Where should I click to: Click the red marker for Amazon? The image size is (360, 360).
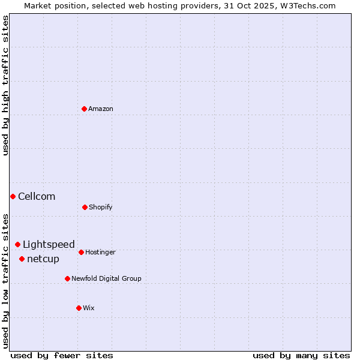point(84,109)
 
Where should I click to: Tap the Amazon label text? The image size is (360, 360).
point(101,109)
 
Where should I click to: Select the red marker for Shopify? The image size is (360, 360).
point(85,207)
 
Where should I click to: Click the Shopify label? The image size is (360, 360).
point(101,207)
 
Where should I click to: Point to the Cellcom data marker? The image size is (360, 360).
point(13,196)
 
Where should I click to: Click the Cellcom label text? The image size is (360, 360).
point(37,196)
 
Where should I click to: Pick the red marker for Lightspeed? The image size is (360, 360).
point(17,244)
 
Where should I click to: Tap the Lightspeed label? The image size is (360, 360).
point(49,244)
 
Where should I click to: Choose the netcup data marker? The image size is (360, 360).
point(22,259)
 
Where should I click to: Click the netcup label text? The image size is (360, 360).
point(43,259)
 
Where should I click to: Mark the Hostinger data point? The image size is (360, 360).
point(81,252)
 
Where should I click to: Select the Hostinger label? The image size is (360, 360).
point(100,252)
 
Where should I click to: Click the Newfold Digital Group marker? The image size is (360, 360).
point(67,278)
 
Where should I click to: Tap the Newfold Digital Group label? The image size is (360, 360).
point(106,278)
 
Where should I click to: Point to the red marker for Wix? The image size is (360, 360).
point(79,308)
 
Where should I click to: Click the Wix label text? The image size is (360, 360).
point(89,308)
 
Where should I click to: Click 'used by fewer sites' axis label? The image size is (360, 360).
point(62,355)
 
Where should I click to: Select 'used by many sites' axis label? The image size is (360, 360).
point(301,355)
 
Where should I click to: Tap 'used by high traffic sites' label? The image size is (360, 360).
point(5,85)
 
